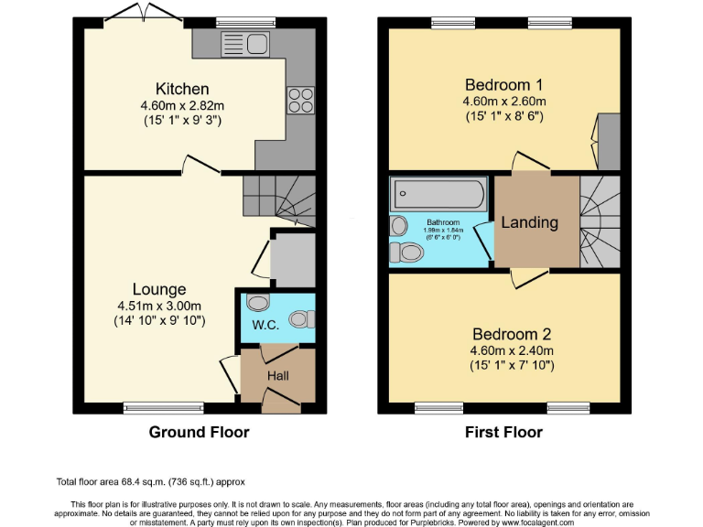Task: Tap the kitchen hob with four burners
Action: (x=300, y=98)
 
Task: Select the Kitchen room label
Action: (x=182, y=89)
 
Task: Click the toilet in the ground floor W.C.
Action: (x=299, y=318)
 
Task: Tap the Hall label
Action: (x=278, y=375)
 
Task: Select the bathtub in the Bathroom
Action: (x=438, y=195)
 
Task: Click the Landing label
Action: (x=529, y=222)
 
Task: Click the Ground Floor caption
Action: (x=199, y=432)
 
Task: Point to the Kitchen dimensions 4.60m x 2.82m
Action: (x=182, y=105)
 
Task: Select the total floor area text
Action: (x=150, y=481)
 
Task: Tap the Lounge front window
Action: (x=151, y=408)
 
